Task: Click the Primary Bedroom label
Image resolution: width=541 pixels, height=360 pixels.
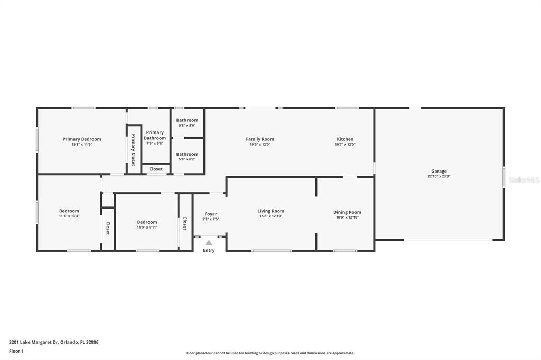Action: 82,139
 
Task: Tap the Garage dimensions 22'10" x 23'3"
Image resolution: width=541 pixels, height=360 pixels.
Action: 439,176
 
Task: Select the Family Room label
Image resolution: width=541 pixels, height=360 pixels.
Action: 260,139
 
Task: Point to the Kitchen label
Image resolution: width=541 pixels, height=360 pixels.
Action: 345,139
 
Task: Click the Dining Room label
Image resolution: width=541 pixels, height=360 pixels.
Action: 347,212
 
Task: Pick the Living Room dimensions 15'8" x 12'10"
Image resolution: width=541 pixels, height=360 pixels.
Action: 271,216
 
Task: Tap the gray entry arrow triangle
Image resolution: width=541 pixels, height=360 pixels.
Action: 209,242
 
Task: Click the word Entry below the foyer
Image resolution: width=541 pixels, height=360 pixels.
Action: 209,250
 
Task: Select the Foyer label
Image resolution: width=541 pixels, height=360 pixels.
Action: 211,214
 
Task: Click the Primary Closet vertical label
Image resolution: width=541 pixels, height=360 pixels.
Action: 134,150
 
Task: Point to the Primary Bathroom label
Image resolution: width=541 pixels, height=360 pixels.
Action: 155,135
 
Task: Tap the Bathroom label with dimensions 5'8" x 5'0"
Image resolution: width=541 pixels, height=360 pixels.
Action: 187,120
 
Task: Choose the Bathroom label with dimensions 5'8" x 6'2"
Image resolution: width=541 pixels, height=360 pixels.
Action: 187,154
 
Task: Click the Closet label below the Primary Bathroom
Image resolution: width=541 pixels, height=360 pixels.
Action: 156,169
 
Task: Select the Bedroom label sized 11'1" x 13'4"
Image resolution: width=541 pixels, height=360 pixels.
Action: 69,211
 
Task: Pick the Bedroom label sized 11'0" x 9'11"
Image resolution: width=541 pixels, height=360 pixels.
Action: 147,222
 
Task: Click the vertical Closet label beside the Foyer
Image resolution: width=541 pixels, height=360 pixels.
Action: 185,223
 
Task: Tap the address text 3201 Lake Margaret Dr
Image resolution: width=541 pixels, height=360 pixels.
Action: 34,342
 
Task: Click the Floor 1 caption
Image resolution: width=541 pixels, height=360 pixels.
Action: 16,352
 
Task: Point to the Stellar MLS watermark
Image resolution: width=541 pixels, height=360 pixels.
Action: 524,180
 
